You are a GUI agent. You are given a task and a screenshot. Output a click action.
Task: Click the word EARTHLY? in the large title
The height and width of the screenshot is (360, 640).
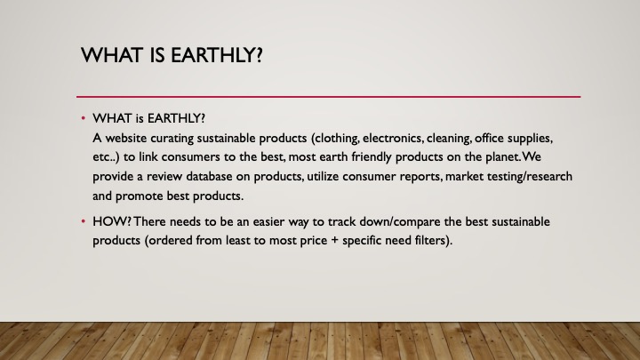pos(217,55)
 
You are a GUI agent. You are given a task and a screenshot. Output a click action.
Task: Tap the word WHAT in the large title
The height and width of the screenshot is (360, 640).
pos(111,55)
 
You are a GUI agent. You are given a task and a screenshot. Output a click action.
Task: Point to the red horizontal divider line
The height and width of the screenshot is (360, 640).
pos(328,97)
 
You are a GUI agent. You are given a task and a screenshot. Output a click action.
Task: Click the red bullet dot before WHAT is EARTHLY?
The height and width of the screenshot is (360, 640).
pos(84,118)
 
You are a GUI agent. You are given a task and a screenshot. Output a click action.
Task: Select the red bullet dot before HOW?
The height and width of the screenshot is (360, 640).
pos(84,221)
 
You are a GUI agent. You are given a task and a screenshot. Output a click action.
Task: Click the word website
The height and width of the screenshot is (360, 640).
pos(126,138)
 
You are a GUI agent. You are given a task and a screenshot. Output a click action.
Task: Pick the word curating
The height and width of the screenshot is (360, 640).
pos(172,139)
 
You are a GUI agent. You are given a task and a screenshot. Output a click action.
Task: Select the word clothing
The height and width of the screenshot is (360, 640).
pos(335,139)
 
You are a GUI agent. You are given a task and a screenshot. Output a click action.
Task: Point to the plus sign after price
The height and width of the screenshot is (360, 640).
pos(335,240)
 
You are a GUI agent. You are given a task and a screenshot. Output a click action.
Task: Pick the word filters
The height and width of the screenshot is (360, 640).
pos(434,240)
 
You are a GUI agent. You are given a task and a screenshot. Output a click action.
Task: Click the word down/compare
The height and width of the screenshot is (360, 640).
pos(390,222)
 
